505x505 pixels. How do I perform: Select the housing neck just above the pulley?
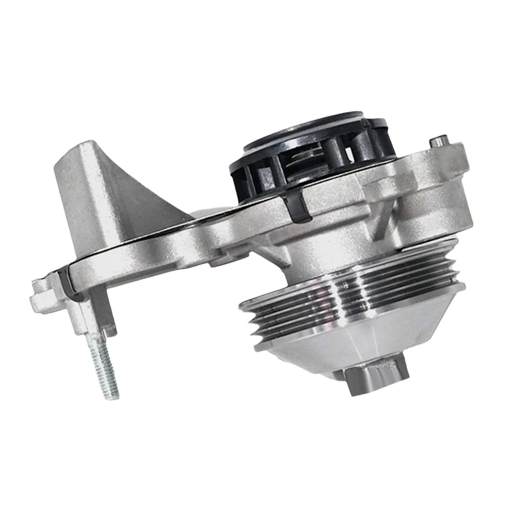(x=311, y=252)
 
